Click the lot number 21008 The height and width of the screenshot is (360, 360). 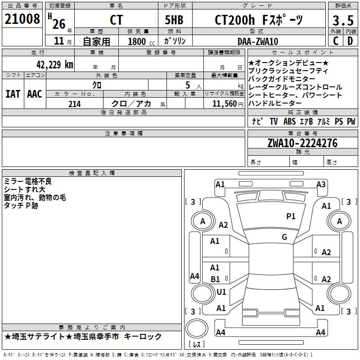22,19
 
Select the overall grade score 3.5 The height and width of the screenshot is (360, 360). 342,21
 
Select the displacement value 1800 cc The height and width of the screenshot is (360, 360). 139,41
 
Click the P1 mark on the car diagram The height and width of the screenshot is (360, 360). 291,216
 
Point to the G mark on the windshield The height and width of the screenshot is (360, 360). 284,237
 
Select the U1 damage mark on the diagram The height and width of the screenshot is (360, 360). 221,292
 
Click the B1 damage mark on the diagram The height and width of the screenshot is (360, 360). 215,279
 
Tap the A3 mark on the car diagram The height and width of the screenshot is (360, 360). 321,184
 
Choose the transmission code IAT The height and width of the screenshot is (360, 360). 13,94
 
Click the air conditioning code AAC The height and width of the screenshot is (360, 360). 35,94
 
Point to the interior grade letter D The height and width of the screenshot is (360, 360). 350,41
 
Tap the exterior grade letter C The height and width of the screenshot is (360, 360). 335,41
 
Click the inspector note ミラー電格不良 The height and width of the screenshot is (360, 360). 27,181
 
